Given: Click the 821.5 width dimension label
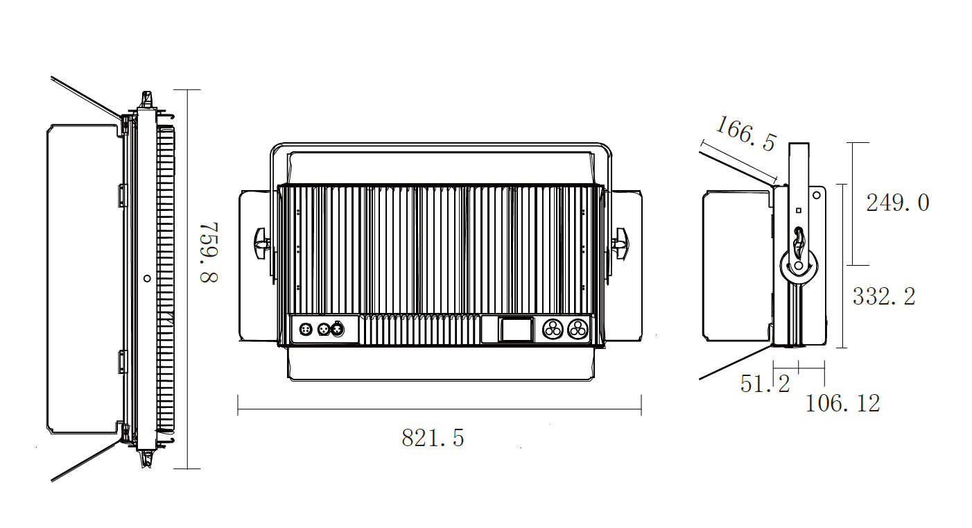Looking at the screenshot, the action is point(433,438).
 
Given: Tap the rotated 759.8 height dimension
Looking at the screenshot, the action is point(209,253).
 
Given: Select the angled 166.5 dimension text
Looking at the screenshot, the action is point(745,133).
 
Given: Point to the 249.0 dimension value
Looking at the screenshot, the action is point(897,203).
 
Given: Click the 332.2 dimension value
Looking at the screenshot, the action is point(884,296).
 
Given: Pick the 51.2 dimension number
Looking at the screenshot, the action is point(765,384).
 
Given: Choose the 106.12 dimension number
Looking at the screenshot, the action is point(842,403).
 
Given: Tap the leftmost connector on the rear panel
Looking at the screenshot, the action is point(306,329).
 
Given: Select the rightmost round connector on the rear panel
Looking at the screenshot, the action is point(578,330).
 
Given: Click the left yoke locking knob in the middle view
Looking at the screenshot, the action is point(261,244).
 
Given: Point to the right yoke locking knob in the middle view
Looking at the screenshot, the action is point(620,244).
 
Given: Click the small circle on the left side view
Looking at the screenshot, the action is point(147,278).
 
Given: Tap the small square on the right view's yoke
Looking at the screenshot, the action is point(799,211).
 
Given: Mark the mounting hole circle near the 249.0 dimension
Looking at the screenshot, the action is point(816,196).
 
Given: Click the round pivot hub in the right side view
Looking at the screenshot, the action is point(799,265).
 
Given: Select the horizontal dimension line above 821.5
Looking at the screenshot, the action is point(440,409).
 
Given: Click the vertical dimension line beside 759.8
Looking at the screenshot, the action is point(187,279).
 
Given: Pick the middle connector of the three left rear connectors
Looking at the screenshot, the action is point(323,329).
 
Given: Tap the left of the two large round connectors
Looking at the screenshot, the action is point(553,330).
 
